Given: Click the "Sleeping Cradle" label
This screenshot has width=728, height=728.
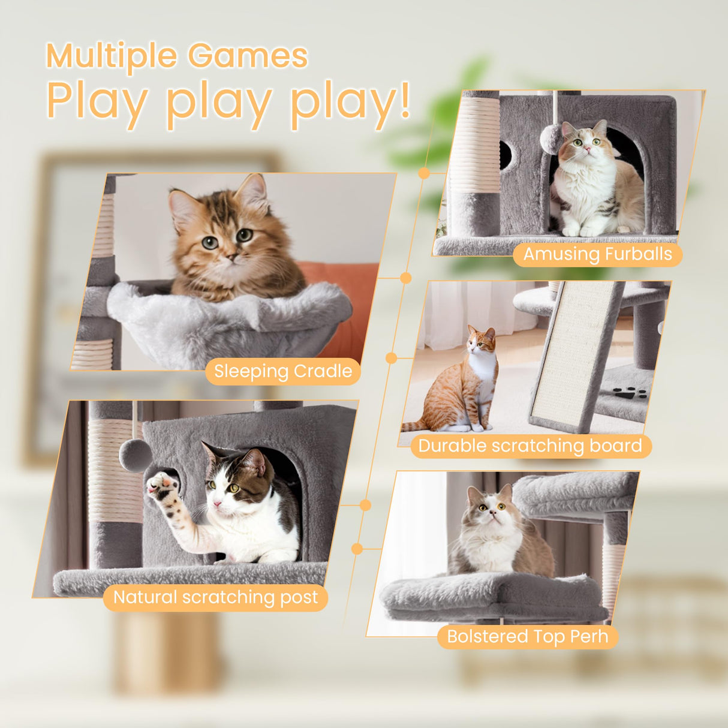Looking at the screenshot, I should (x=283, y=371).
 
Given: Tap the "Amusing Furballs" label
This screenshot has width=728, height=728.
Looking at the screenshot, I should (x=597, y=254).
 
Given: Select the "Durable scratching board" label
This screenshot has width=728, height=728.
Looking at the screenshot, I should (x=530, y=446).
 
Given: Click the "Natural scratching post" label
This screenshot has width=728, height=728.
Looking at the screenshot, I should (x=215, y=597).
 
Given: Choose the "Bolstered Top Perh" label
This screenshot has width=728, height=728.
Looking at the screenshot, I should (x=527, y=636).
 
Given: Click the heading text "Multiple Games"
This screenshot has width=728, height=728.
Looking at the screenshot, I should (x=177, y=56).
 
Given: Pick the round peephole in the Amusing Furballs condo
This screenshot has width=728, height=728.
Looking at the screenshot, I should (x=506, y=155).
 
